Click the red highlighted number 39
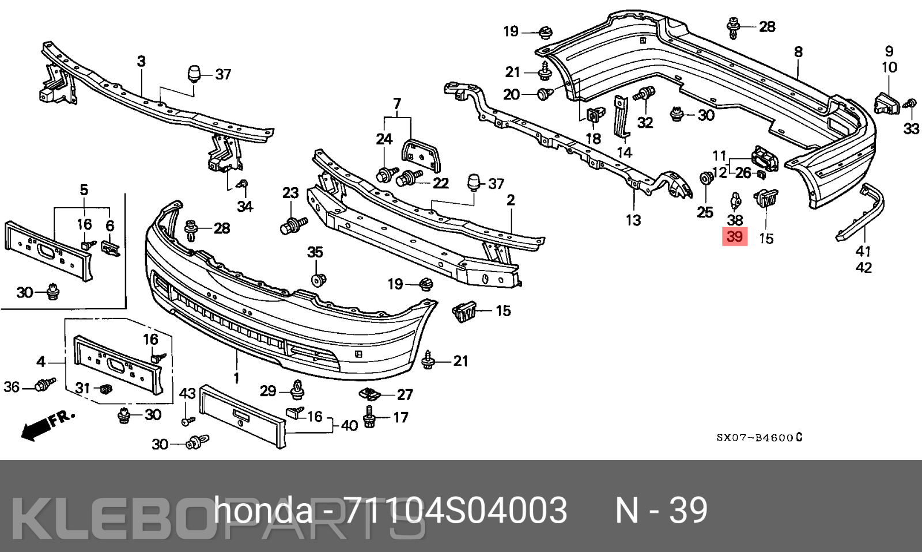point(735,237)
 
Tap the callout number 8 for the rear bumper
point(798,52)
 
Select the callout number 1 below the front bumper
point(237,378)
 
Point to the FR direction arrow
point(48,425)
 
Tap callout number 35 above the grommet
point(315,252)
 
